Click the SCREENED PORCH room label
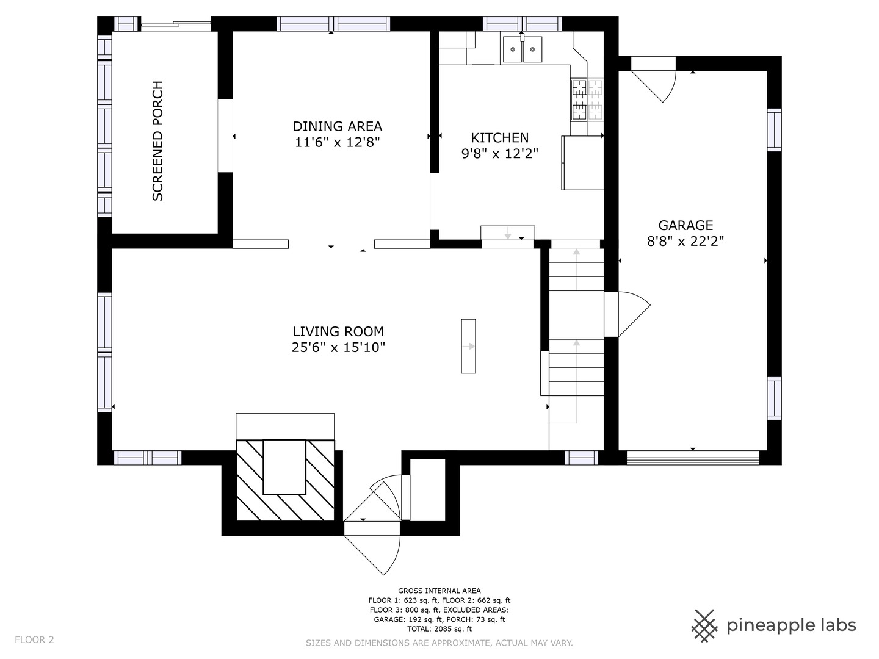(x=157, y=141)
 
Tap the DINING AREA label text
(x=338, y=126)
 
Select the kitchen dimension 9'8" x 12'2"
(x=500, y=154)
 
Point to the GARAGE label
(x=685, y=225)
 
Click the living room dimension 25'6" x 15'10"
(x=338, y=347)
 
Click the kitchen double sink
(x=522, y=49)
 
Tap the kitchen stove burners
(x=587, y=99)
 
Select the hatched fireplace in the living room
(x=286, y=480)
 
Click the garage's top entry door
(x=654, y=79)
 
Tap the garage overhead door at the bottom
(x=693, y=458)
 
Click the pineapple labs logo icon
(x=704, y=626)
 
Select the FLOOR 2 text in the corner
(x=34, y=640)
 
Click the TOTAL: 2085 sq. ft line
(x=440, y=628)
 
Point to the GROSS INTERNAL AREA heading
(x=440, y=591)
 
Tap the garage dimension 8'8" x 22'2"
(x=685, y=241)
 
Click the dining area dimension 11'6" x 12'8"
(x=338, y=142)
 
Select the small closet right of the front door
(x=428, y=490)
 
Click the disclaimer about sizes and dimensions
(x=440, y=643)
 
